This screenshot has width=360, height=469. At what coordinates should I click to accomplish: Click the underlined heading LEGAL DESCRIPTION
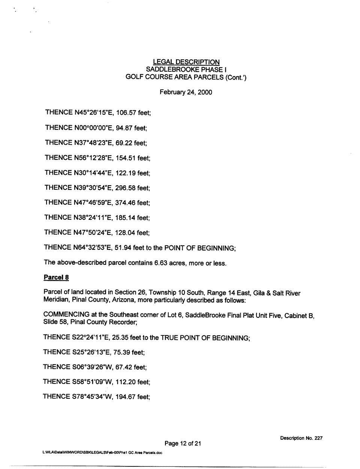pyautogui.click(x=186, y=62)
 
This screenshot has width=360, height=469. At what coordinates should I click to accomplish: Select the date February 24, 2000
pyautogui.click(x=186, y=92)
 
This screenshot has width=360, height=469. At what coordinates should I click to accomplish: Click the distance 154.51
pyautogui.click(x=126, y=158)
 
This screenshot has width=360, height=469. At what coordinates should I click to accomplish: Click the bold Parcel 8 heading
pyautogui.click(x=56, y=278)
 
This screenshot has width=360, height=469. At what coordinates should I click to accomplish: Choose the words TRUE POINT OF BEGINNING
pyautogui.click(x=205, y=338)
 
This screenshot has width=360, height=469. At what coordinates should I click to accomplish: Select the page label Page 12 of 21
pyautogui.click(x=183, y=443)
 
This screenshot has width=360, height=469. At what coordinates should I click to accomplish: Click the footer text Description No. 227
pyautogui.click(x=301, y=438)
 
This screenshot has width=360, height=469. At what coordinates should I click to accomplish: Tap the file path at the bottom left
pyautogui.click(x=103, y=452)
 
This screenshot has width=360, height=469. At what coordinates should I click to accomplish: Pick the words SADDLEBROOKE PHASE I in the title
pyautogui.click(x=186, y=70)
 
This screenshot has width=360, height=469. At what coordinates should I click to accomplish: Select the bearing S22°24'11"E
pyautogui.click(x=91, y=337)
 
